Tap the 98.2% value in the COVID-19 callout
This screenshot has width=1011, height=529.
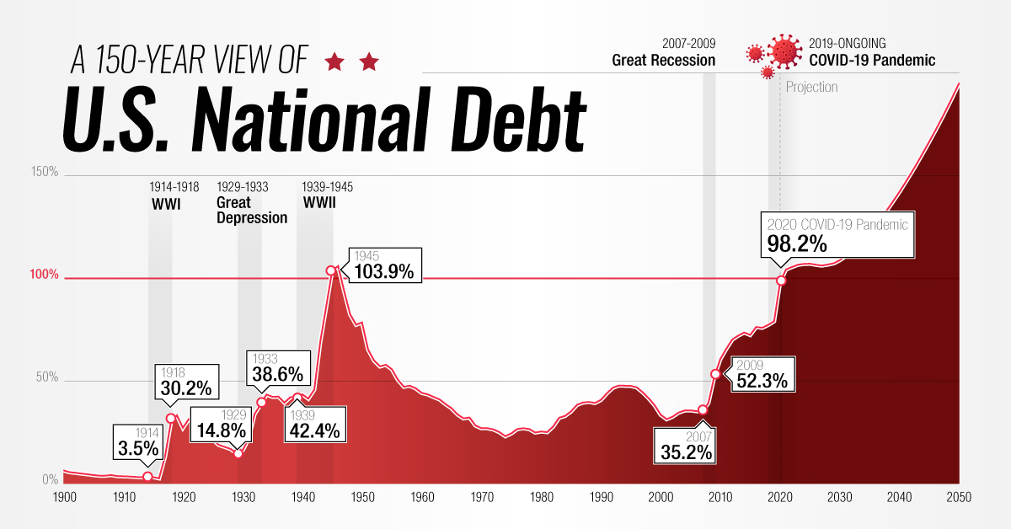pyautogui.click(x=797, y=244)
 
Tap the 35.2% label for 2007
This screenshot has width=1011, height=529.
pyautogui.click(x=684, y=452)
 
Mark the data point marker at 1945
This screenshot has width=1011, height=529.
pyautogui.click(x=331, y=270)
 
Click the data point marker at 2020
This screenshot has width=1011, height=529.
pyautogui.click(x=781, y=280)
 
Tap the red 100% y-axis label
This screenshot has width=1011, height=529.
pyautogui.click(x=45, y=275)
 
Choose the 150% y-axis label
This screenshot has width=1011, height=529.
pyautogui.click(x=45, y=172)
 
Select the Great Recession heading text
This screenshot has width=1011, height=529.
pyautogui.click(x=664, y=61)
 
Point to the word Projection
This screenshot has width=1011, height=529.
pyautogui.click(x=811, y=87)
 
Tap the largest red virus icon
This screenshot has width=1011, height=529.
pyautogui.click(x=784, y=52)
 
